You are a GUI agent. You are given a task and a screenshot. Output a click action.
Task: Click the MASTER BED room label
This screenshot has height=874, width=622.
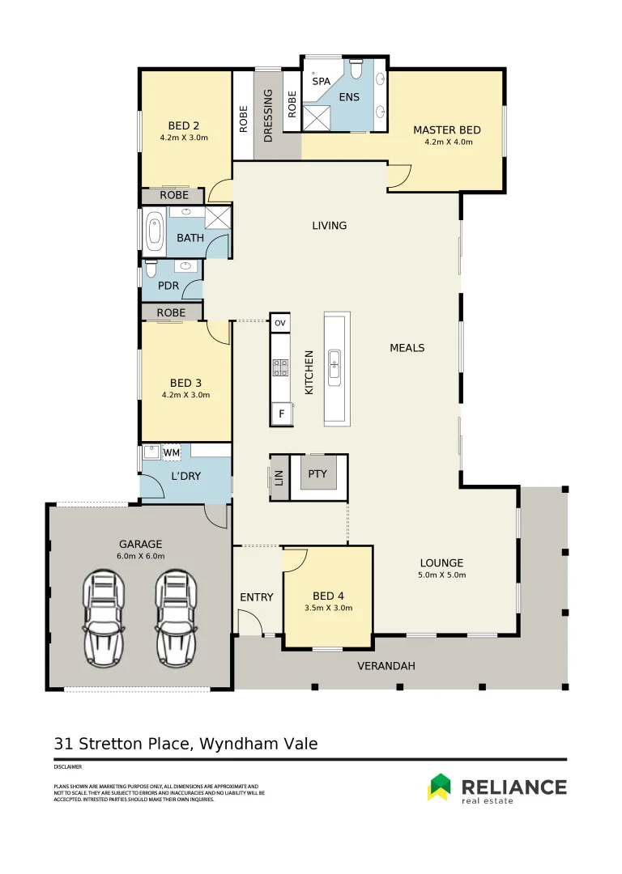(447, 129)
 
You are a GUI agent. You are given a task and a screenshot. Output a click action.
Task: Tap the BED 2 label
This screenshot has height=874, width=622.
(184, 125)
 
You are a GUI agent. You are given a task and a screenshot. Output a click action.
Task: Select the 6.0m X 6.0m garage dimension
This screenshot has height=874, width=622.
(141, 556)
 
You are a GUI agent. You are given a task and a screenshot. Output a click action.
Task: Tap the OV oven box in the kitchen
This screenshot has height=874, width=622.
(280, 323)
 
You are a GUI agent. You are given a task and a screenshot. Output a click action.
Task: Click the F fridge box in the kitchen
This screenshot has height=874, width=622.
(281, 414)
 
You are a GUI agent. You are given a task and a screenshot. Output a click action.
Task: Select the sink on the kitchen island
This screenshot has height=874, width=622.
(334, 368)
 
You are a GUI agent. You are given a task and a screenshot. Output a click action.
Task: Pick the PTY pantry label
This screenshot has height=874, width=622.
(317, 473)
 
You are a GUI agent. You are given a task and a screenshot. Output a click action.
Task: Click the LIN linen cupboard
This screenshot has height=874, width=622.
(279, 477)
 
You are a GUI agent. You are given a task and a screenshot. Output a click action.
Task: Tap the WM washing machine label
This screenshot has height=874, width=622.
(172, 452)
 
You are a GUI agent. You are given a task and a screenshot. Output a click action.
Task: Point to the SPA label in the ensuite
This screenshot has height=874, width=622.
(322, 81)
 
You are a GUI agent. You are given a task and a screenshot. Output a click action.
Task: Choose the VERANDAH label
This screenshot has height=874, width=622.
(386, 666)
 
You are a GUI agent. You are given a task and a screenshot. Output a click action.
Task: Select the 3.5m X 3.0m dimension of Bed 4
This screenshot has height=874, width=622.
(328, 607)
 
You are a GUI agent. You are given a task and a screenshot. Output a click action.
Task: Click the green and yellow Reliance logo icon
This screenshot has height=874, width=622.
(439, 787)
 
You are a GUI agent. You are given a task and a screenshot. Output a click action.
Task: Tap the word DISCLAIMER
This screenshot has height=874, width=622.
(68, 766)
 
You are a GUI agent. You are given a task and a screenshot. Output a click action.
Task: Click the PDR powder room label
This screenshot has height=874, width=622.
(168, 286)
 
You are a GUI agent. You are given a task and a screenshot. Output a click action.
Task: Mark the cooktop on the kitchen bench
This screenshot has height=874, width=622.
(280, 368)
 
